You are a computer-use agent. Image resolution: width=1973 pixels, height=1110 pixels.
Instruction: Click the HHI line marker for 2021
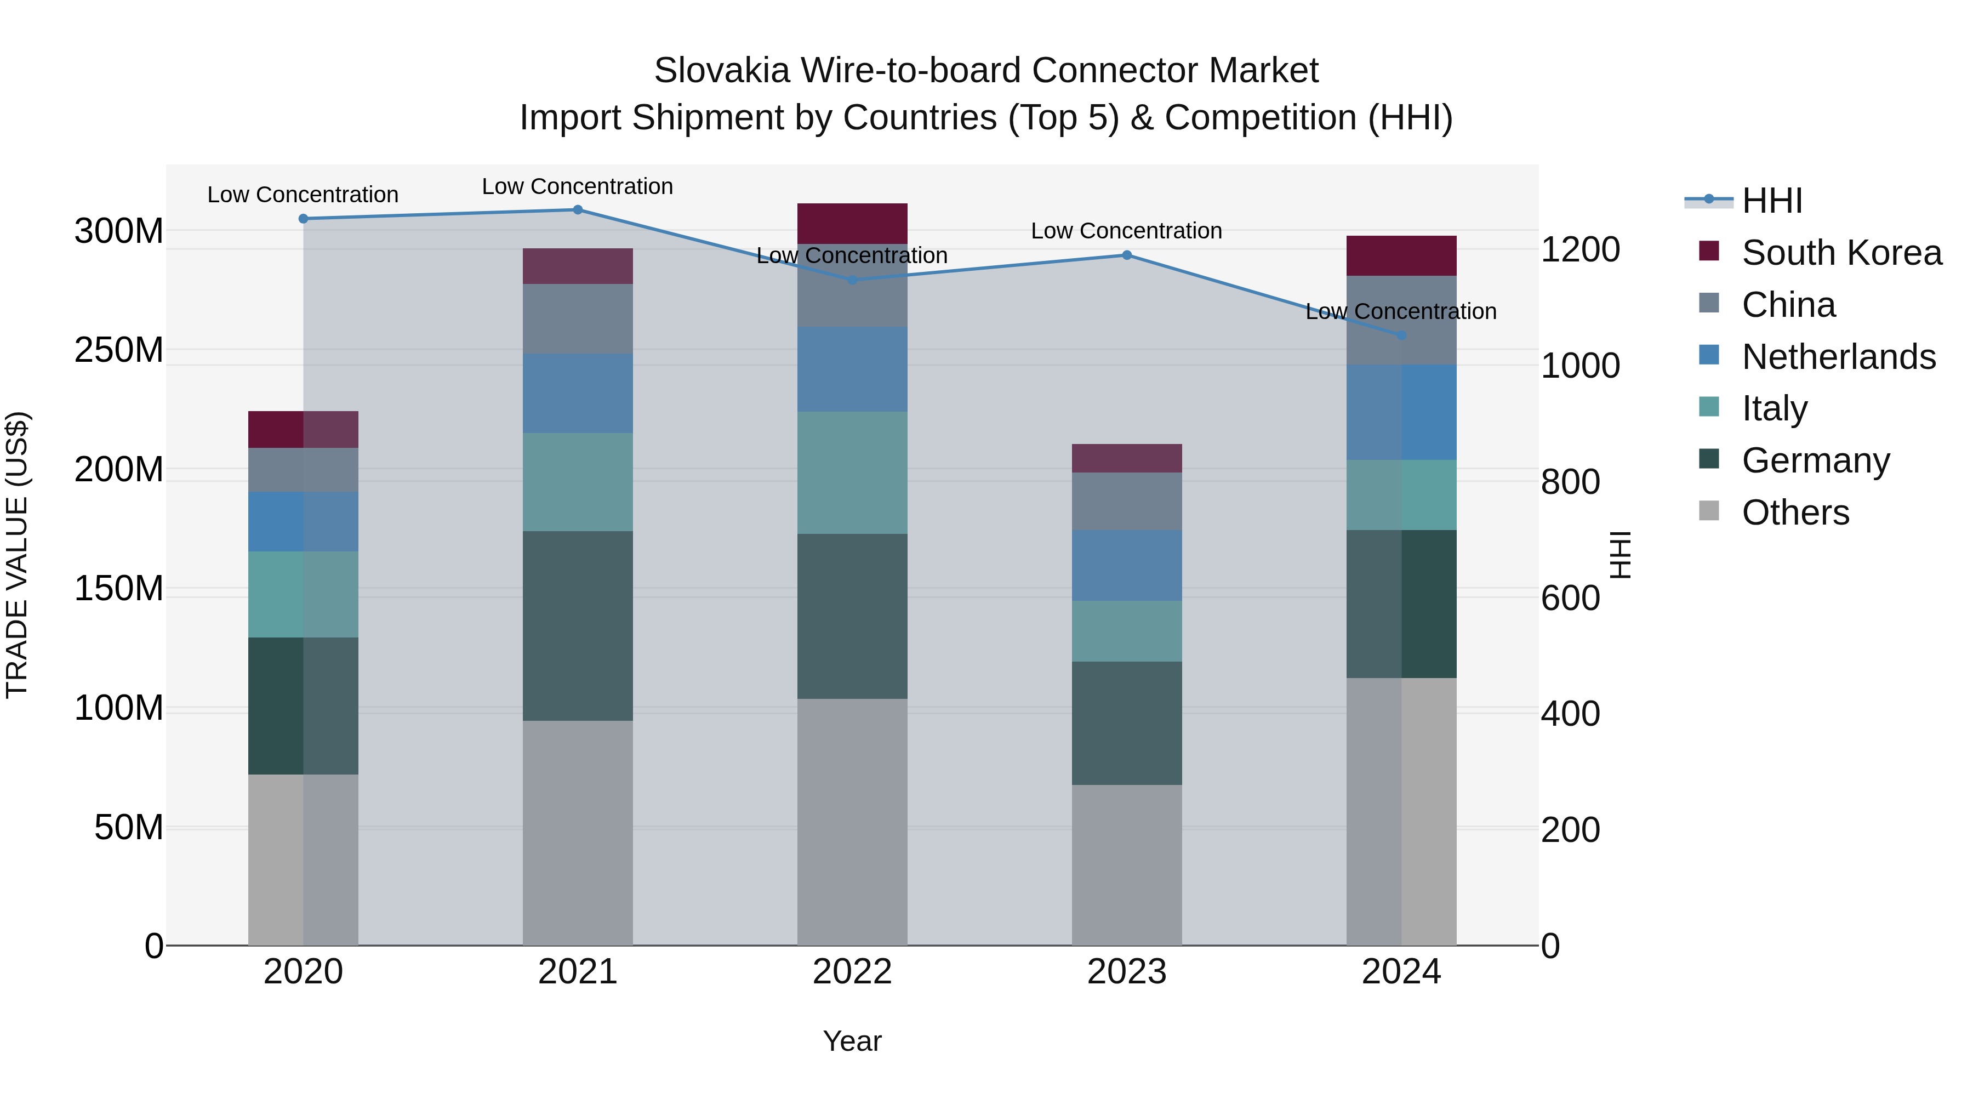[x=578, y=210]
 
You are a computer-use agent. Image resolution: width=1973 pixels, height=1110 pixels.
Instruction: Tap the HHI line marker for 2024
[x=1401, y=335]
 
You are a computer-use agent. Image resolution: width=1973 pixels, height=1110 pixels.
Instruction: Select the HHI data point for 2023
[x=1127, y=255]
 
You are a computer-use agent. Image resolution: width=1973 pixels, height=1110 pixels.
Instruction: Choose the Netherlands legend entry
[x=1838, y=357]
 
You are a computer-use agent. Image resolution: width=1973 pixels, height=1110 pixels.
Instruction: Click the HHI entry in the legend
[x=1771, y=201]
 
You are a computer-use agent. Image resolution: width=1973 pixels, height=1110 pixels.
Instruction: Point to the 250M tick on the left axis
[x=119, y=350]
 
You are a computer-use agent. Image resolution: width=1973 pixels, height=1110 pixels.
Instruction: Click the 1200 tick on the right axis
[x=1579, y=250]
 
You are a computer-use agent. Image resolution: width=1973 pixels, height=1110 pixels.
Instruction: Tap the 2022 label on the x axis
[x=852, y=972]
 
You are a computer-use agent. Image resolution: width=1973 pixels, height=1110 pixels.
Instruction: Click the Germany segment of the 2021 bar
[x=578, y=626]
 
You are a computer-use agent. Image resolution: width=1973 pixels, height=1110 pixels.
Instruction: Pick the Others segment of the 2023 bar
[x=1127, y=865]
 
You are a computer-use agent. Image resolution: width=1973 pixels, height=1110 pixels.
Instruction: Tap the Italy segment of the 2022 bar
[x=852, y=473]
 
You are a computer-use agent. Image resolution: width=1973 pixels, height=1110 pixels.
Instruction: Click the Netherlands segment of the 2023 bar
[x=1127, y=565]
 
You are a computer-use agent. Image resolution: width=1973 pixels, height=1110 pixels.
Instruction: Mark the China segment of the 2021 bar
[x=578, y=318]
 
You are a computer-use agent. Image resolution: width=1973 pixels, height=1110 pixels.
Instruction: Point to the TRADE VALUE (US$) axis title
[x=17, y=555]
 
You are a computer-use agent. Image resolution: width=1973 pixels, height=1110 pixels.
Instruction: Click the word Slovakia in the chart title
[x=721, y=71]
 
